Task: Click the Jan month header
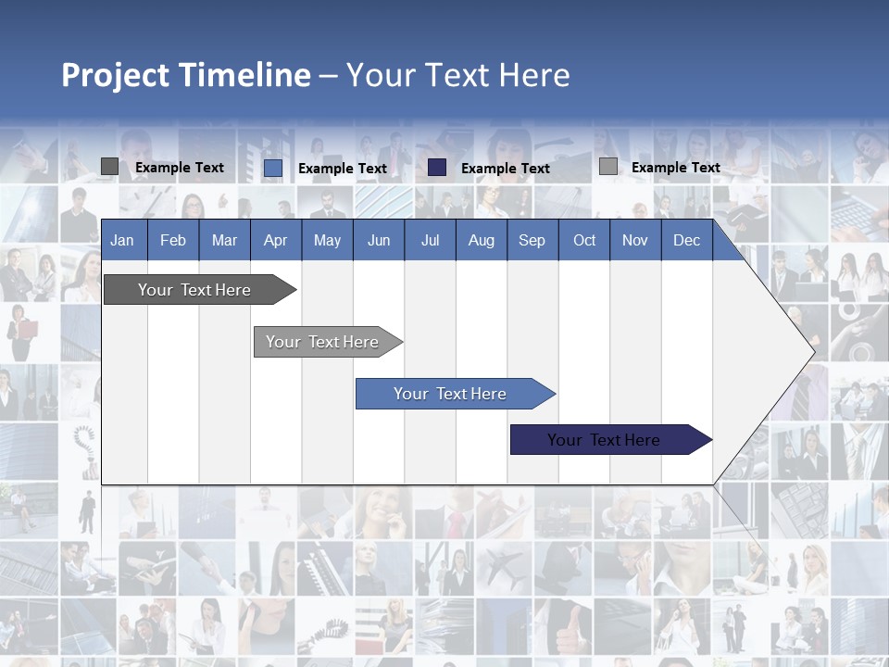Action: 122,240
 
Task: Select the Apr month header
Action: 275,240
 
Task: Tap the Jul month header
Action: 430,240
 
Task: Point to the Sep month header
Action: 532,240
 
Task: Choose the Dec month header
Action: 686,240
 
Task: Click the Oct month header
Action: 584,240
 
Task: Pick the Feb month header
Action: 173,240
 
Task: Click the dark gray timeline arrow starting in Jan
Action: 194,290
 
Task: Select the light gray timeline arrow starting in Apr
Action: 322,342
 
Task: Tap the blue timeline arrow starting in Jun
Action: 450,394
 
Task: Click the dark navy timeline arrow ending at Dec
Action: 604,440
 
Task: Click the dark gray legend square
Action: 109,167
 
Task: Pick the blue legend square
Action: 272,168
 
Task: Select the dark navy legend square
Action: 437,167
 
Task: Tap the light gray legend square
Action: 607,167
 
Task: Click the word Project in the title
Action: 116,75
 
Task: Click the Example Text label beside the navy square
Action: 505,168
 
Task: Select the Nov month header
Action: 634,240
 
